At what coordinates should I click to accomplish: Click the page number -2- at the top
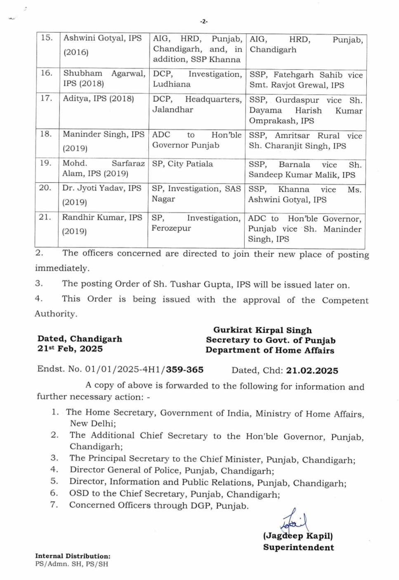pos(204,21)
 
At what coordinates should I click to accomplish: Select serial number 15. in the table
pos(47,38)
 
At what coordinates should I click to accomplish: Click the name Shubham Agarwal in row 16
pos(104,73)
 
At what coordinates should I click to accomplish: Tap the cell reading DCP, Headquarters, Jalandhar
pos(196,104)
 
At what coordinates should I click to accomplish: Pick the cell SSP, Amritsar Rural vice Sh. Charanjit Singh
pos(305,141)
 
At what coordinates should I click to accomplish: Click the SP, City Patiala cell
pos(182,164)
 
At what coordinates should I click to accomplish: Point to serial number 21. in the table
pos(45,217)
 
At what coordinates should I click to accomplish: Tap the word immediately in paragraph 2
pos(62,268)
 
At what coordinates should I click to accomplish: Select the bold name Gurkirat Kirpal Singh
pos(262,330)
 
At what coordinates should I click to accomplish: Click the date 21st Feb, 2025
pos(70,349)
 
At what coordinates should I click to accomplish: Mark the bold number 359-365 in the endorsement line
pos(184,370)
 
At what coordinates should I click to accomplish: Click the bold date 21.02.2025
pos(312,370)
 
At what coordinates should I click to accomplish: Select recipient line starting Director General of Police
pos(172,470)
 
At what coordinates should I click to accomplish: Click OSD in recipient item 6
pos(78,493)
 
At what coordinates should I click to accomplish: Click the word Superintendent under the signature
pos(298,547)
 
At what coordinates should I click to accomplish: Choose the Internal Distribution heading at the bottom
pos(73,556)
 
